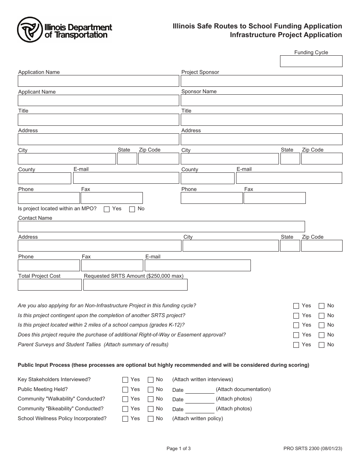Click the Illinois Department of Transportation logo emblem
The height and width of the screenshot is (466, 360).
click(30, 30)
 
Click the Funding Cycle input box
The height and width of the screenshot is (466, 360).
click(311, 61)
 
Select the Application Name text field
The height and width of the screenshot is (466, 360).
click(98, 81)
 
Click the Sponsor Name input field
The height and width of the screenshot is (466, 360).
click(261, 100)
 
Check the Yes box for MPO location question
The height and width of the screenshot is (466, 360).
click(106, 209)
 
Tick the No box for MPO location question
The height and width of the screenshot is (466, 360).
click(132, 209)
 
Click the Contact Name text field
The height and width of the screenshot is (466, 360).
click(161, 227)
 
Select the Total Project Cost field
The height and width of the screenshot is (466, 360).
click(50, 285)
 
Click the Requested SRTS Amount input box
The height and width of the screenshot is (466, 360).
click(135, 285)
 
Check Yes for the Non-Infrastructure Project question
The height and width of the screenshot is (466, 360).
click(296, 306)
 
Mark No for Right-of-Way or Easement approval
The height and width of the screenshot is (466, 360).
click(321, 335)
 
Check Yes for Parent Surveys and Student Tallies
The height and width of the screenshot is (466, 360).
click(296, 345)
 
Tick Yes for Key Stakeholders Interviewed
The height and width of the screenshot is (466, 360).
click(125, 380)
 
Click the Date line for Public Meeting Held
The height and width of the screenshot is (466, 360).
click(199, 390)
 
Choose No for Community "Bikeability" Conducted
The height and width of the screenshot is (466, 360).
click(150, 409)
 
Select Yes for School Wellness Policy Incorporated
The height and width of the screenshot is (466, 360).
click(125, 419)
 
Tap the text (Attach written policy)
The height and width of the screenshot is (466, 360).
click(197, 419)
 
